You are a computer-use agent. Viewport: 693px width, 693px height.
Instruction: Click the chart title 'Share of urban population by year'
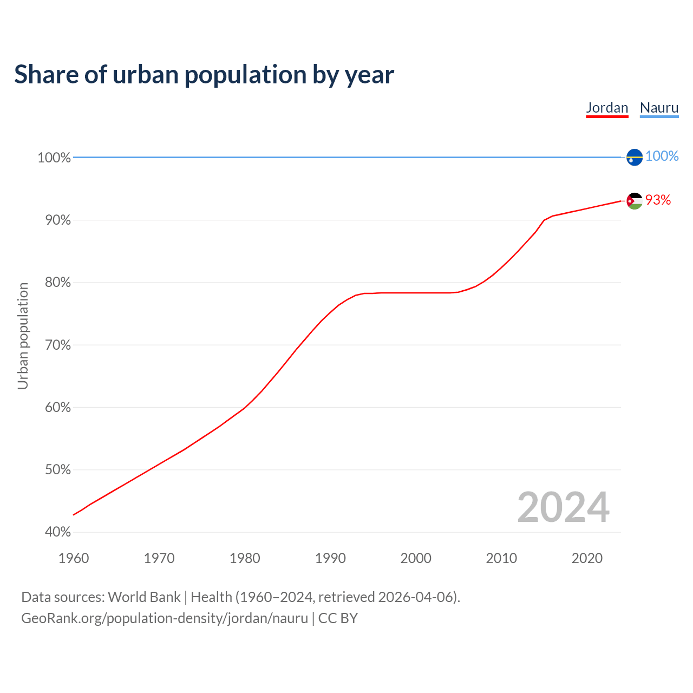coord(204,75)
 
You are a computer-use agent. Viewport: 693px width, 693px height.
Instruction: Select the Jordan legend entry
coord(607,108)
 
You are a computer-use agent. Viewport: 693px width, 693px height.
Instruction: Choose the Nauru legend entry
coord(659,108)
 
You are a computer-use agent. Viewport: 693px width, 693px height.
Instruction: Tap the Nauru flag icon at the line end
coord(635,157)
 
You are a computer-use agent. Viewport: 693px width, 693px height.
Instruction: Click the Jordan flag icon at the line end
coord(635,201)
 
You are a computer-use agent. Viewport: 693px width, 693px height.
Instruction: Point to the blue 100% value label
coord(662,156)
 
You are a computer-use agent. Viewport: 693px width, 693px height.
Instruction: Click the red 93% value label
coord(658,200)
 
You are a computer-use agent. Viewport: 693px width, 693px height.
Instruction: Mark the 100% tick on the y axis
coord(54,158)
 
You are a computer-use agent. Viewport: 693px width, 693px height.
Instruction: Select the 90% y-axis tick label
coord(58,220)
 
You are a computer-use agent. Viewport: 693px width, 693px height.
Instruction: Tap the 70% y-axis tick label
coord(58,345)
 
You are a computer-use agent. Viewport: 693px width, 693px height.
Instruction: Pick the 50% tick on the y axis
coord(58,470)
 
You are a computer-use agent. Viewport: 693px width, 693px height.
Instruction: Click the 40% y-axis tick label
coord(58,532)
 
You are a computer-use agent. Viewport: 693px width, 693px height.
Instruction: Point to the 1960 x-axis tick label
coord(74,558)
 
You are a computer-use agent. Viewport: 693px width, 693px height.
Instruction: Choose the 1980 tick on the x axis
coord(245,558)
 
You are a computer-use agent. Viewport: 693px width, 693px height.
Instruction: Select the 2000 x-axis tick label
coord(416,558)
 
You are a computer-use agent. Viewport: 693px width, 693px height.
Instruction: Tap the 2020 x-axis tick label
coord(587,558)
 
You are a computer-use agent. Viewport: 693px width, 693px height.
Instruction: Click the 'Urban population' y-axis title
coord(23,336)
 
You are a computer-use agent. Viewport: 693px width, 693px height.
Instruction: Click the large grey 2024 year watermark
coord(563,507)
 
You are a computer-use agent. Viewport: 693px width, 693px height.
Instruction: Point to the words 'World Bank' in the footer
coord(144,597)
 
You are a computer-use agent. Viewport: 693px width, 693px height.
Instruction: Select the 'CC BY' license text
coord(338,618)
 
